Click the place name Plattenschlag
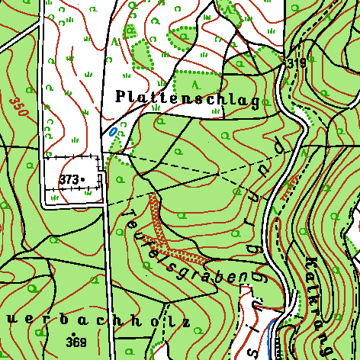(x=187, y=96)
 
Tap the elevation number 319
(x=297, y=64)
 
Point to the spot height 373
(x=68, y=178)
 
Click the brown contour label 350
(x=20, y=106)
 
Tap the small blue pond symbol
(x=113, y=130)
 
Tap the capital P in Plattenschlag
(x=121, y=95)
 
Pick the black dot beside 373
(x=83, y=180)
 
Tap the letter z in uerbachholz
(x=185, y=322)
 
